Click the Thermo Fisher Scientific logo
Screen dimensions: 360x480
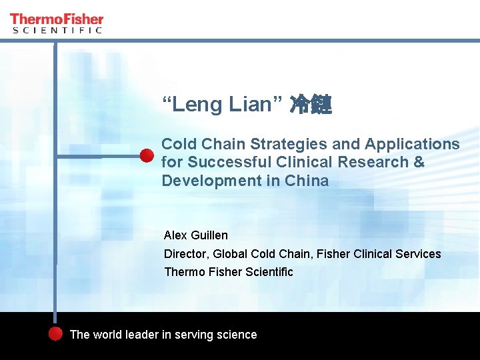click(x=57, y=23)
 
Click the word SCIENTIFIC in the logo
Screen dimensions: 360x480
click(x=57, y=30)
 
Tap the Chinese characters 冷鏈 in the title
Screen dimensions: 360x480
click(x=311, y=105)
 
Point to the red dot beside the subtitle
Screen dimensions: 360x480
click(x=147, y=156)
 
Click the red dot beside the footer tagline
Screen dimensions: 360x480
click(x=56, y=334)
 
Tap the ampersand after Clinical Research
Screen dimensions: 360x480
click(x=419, y=162)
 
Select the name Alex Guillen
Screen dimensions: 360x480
click(x=196, y=235)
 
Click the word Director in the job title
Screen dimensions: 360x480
click(x=185, y=254)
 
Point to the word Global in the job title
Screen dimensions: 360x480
click(x=230, y=254)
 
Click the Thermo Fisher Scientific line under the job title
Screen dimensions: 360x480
click(x=229, y=272)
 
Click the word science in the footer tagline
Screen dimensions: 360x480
click(x=236, y=335)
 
